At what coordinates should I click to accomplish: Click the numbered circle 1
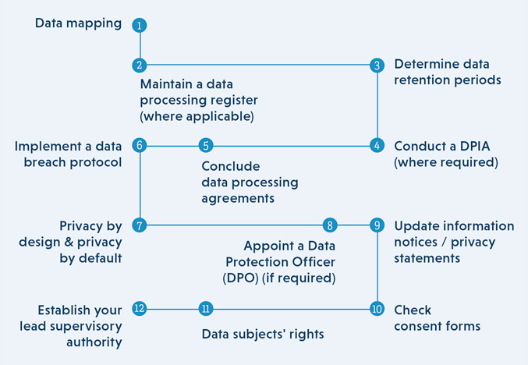140,25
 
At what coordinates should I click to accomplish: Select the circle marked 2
140,65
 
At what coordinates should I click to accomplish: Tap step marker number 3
377,65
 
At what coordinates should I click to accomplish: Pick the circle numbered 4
377,146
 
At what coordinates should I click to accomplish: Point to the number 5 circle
206,146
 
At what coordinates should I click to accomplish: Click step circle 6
140,146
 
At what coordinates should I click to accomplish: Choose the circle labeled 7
140,225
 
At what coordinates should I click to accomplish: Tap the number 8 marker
330,225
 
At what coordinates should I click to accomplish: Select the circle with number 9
377,225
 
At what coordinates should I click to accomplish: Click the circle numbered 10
377,309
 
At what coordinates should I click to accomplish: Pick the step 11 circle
206,309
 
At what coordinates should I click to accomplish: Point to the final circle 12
140,309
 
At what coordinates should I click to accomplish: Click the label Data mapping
79,23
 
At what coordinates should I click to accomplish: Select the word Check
413,310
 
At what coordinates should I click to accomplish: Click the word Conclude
231,166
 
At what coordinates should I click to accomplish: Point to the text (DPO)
240,278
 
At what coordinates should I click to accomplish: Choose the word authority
94,342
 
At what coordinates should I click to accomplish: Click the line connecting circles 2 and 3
258,65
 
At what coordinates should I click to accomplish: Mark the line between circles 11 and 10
292,309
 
